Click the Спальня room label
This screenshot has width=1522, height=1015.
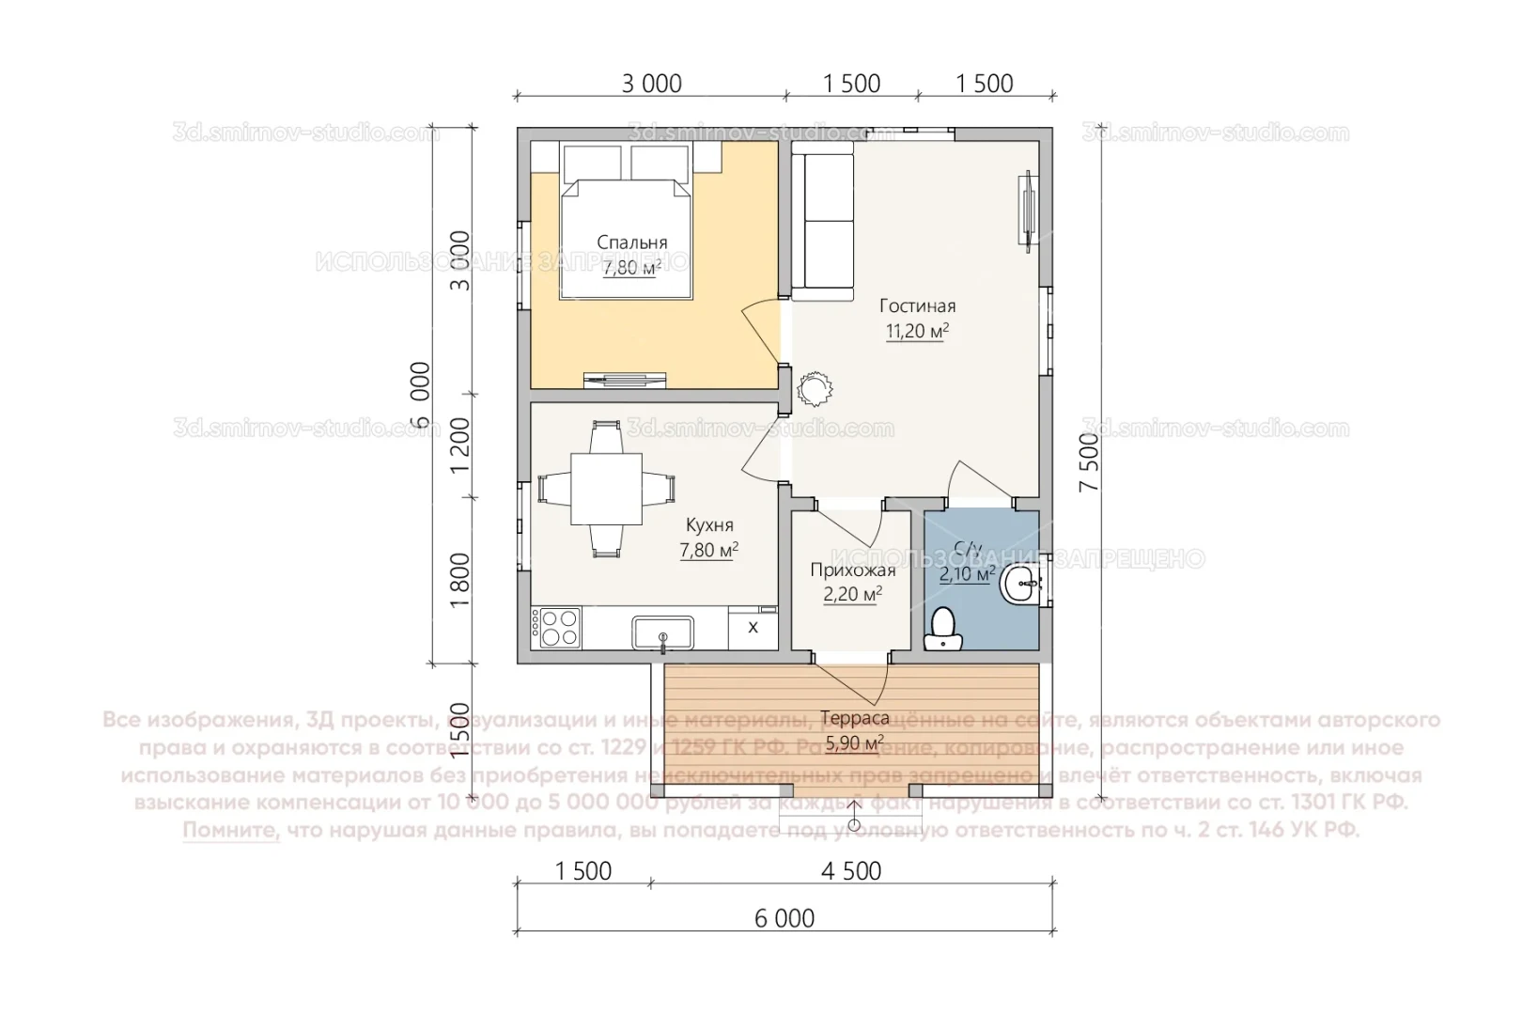pyautogui.click(x=631, y=243)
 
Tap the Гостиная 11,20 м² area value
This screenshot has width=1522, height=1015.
pyautogui.click(x=917, y=331)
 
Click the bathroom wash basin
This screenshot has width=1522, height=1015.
pyautogui.click(x=1020, y=585)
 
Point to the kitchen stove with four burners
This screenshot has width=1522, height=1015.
pyautogui.click(x=555, y=627)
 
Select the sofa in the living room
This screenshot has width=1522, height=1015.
pyautogui.click(x=823, y=222)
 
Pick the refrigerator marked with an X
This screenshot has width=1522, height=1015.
pyautogui.click(x=753, y=628)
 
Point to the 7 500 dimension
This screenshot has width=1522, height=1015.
pyautogui.click(x=1089, y=462)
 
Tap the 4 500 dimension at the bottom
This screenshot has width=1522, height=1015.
pyautogui.click(x=851, y=871)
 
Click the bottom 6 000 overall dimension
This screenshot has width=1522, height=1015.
pyautogui.click(x=784, y=918)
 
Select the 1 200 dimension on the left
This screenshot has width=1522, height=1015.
pyautogui.click(x=459, y=445)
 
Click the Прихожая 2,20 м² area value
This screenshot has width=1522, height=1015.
pyautogui.click(x=852, y=594)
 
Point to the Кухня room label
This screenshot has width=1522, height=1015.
pyautogui.click(x=709, y=525)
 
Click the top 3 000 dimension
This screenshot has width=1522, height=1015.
pyautogui.click(x=651, y=84)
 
